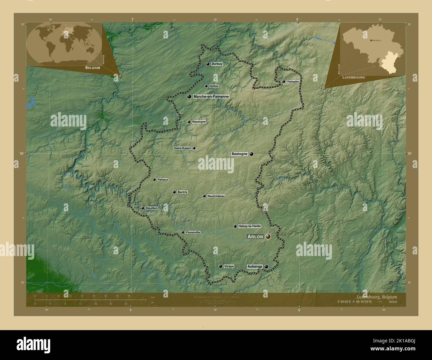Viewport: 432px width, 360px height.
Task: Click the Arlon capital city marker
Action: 268,236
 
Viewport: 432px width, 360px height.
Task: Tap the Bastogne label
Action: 239,154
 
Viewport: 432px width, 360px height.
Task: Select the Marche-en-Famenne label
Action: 211,97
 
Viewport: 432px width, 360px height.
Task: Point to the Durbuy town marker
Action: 208,64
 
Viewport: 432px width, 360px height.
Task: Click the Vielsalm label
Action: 293,81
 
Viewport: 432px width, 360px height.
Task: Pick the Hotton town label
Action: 214,86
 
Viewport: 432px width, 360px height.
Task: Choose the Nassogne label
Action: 199,122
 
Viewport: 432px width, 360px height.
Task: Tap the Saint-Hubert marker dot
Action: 194,148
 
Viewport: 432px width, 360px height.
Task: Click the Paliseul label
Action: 163,180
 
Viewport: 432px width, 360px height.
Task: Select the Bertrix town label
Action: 182,192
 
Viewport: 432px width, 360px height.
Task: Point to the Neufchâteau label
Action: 216,196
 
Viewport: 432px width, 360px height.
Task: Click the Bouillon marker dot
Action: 143,208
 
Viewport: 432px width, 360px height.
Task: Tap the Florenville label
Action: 193,232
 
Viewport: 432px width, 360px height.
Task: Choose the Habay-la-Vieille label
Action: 250,226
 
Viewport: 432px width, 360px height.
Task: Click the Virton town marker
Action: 220,266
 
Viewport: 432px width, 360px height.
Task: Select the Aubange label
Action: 255,266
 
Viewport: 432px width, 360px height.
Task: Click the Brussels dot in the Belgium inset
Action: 371,40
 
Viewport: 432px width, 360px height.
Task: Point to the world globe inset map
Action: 64,44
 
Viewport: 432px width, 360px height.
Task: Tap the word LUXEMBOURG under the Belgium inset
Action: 354,77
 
